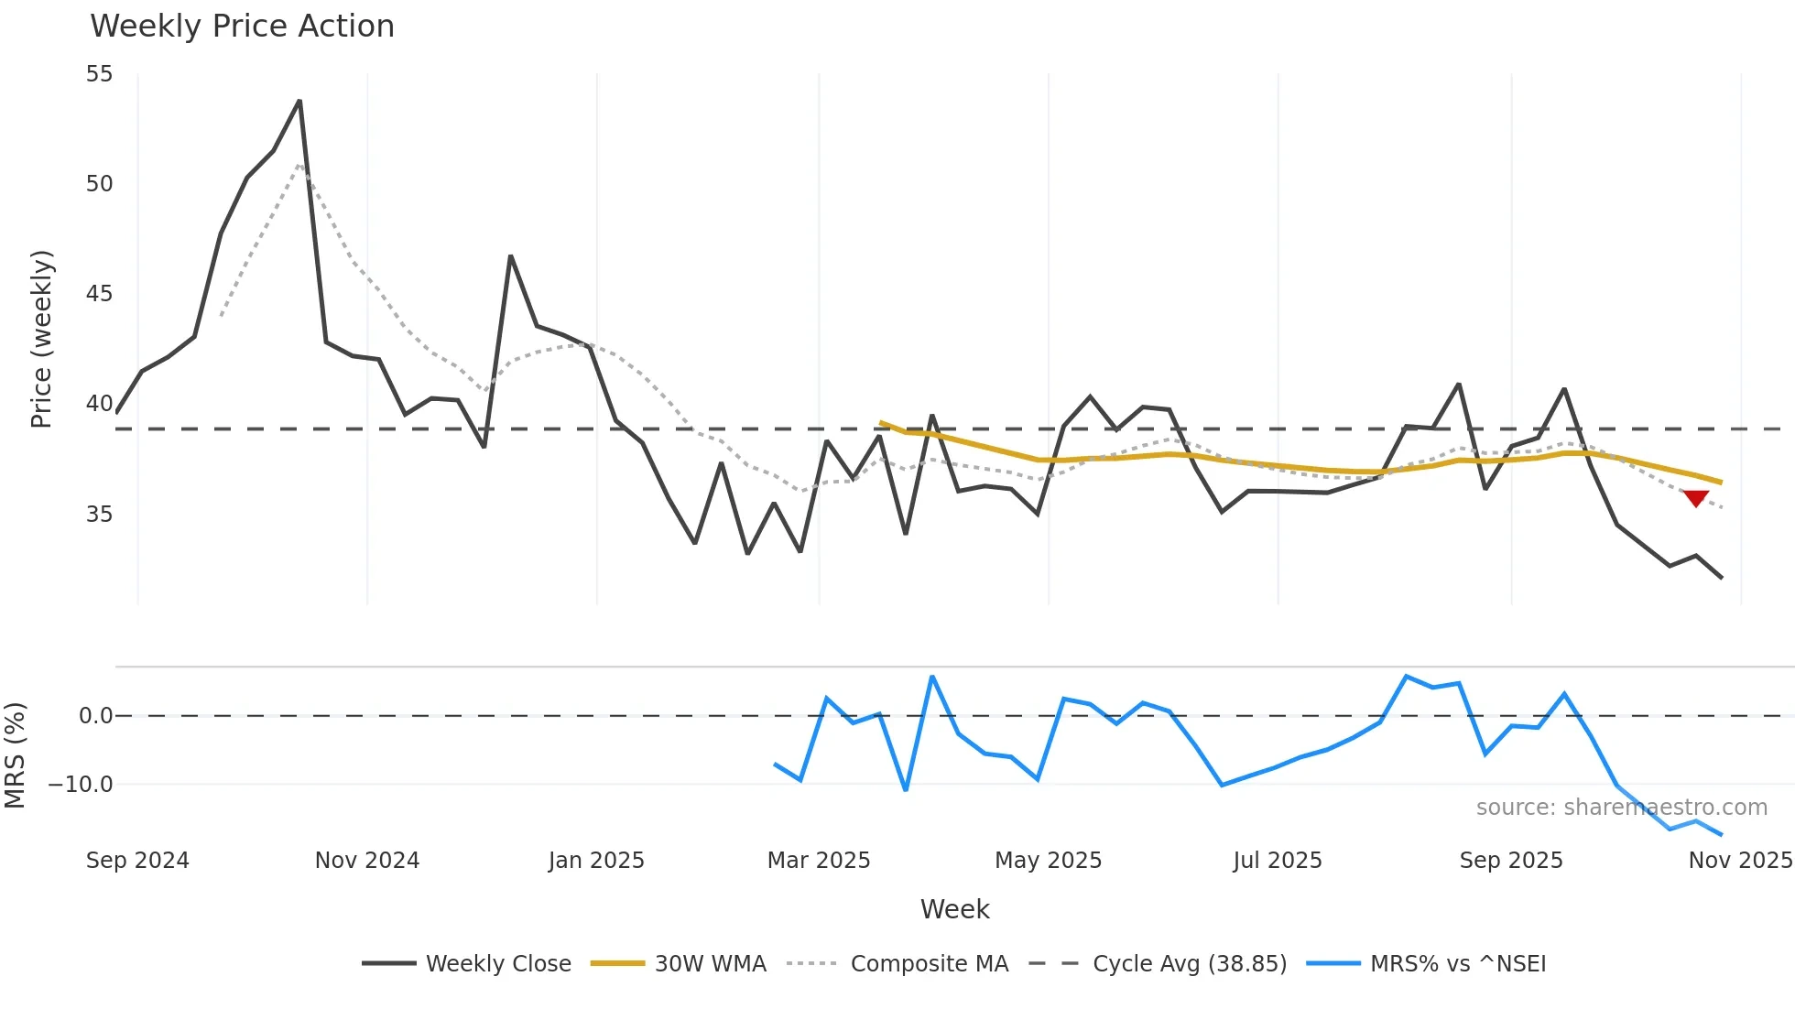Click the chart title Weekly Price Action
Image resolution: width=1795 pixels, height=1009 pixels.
(x=242, y=26)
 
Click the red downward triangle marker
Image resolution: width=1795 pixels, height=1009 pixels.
(x=1695, y=498)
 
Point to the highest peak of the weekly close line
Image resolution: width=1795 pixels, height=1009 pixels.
(x=299, y=102)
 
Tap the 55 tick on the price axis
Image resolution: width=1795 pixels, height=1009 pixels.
(x=99, y=74)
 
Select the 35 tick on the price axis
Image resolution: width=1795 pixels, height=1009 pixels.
(x=99, y=515)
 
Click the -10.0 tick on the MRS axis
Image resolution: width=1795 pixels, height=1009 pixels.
(x=81, y=785)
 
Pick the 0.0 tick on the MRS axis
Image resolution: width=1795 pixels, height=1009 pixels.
(x=95, y=716)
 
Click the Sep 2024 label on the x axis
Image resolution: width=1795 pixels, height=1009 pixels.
(x=137, y=861)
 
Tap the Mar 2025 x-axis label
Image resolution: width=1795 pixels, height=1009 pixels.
(x=818, y=861)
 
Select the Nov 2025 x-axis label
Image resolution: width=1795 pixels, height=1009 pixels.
(x=1739, y=861)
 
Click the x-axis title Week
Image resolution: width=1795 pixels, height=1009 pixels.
(x=954, y=909)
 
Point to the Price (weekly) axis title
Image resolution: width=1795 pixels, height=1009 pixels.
(x=41, y=339)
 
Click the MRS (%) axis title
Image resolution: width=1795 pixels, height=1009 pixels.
(x=15, y=755)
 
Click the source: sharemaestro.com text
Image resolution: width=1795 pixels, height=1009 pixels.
(x=1621, y=808)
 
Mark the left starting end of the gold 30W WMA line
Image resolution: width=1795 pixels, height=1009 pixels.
(x=881, y=423)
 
